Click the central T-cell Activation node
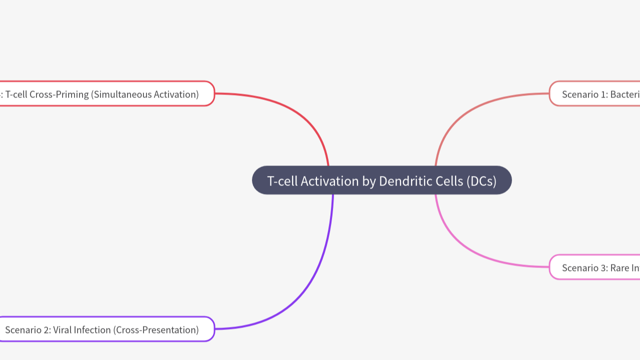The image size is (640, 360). [381, 180]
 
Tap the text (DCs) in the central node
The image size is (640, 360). [481, 181]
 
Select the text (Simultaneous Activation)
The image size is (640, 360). [145, 94]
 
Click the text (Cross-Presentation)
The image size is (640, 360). [157, 330]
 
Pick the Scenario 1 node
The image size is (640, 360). [595, 93]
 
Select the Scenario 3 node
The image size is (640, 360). [595, 267]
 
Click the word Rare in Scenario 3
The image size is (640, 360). [620, 268]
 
